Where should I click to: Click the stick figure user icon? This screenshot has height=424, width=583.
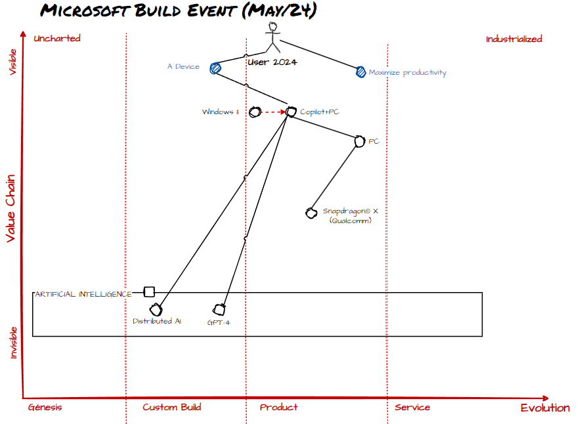click(x=273, y=37)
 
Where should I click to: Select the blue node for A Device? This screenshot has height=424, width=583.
click(x=215, y=68)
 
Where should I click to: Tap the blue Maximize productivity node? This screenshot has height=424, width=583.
click(x=360, y=72)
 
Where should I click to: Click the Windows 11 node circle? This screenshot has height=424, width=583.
click(x=255, y=112)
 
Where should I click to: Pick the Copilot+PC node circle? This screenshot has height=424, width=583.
click(x=291, y=112)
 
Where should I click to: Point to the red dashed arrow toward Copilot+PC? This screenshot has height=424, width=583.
click(x=273, y=112)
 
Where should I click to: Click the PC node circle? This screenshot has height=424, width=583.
click(x=360, y=141)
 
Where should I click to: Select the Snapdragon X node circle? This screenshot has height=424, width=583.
click(x=311, y=213)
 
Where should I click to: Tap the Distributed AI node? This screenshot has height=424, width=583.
click(x=156, y=309)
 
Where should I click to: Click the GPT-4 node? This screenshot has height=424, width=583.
click(x=219, y=309)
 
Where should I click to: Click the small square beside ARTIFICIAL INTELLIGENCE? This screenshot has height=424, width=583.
click(x=149, y=291)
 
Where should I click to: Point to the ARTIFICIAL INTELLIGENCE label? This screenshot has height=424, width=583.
click(x=83, y=294)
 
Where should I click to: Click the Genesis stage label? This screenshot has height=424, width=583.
click(x=45, y=408)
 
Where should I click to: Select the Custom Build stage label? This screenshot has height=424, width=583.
click(x=172, y=408)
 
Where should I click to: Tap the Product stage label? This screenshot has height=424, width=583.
click(x=278, y=408)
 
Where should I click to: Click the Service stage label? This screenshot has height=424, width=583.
click(x=412, y=408)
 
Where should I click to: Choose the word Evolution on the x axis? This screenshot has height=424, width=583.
click(x=545, y=408)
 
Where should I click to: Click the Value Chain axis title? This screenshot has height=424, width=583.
click(x=11, y=208)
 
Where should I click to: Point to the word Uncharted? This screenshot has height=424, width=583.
click(x=57, y=38)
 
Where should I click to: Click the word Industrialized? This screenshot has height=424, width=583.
click(x=514, y=39)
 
